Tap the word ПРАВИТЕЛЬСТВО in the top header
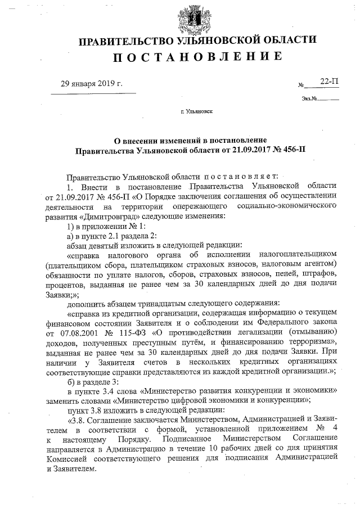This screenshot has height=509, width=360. (x=124, y=41)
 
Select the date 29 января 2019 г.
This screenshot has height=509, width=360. (x=92, y=84)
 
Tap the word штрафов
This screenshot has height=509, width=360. (x=318, y=274)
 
